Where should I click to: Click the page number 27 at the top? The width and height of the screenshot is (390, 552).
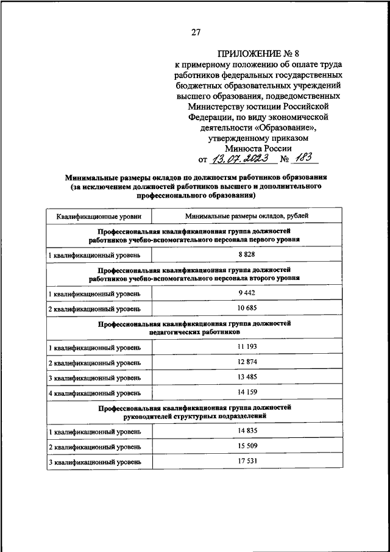pos(195,32)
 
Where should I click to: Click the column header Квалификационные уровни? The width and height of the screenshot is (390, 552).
pos(99,216)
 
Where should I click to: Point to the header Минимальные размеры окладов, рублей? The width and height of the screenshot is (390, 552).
pos(247,216)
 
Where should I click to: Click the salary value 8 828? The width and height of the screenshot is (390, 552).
pos(246,253)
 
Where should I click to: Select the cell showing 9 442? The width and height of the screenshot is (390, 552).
pos(246,293)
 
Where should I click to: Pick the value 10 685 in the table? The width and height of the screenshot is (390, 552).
pos(246,309)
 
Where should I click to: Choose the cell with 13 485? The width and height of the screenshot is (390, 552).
pos(246,378)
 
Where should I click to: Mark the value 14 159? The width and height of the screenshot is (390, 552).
pos(246,393)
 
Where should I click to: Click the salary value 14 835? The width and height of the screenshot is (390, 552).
pos(246,431)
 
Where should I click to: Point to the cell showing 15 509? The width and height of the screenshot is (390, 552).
pos(246,446)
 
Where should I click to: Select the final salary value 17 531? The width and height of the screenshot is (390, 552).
pos(246,462)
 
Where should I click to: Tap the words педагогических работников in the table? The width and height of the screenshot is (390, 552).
pos(194,332)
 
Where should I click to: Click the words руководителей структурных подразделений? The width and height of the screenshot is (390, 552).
pos(195,417)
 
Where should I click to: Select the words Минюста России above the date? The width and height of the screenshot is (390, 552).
pos(258,147)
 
